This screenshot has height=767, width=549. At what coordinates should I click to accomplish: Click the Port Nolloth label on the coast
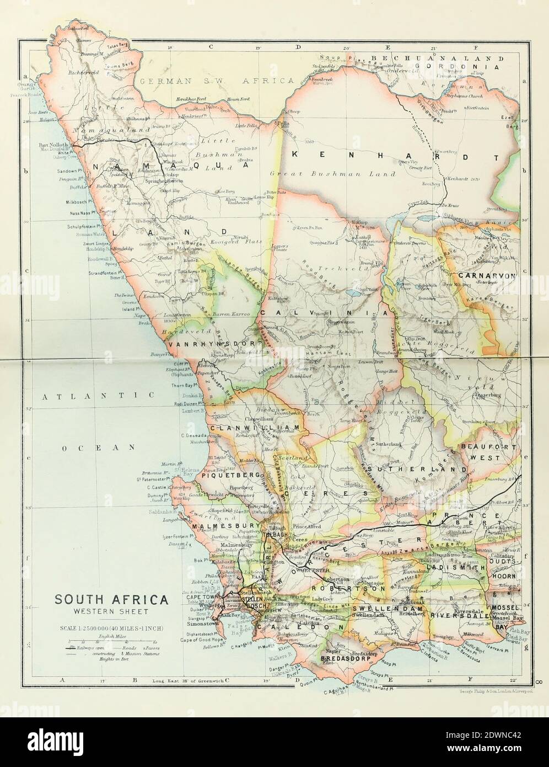tap(53, 145)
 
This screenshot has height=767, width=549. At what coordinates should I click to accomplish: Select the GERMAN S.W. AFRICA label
tap(217, 81)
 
